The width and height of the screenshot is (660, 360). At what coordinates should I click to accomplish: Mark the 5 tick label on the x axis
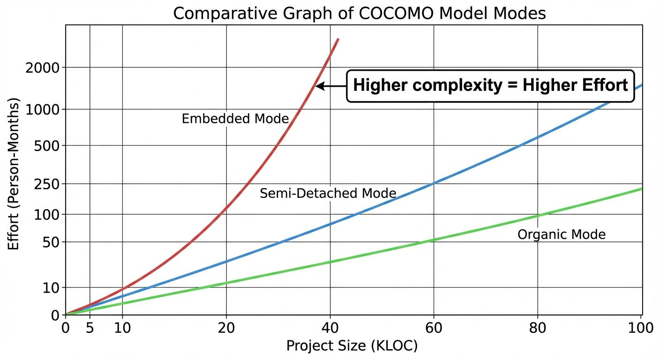(90, 328)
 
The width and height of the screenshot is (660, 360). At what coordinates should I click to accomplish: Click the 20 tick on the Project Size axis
(226, 328)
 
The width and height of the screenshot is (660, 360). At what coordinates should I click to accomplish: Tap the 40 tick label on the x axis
(330, 328)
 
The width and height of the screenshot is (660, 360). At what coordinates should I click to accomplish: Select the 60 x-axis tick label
(434, 328)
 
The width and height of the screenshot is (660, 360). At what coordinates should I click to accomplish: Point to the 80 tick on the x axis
(537, 328)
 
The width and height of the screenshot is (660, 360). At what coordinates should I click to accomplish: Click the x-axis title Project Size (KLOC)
(352, 346)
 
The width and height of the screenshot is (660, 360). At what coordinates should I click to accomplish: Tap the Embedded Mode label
(235, 119)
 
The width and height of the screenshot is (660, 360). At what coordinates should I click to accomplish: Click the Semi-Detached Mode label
(328, 193)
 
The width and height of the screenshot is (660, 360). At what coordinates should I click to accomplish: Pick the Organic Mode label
(562, 234)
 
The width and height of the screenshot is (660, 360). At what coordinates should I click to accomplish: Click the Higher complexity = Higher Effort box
(490, 86)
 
